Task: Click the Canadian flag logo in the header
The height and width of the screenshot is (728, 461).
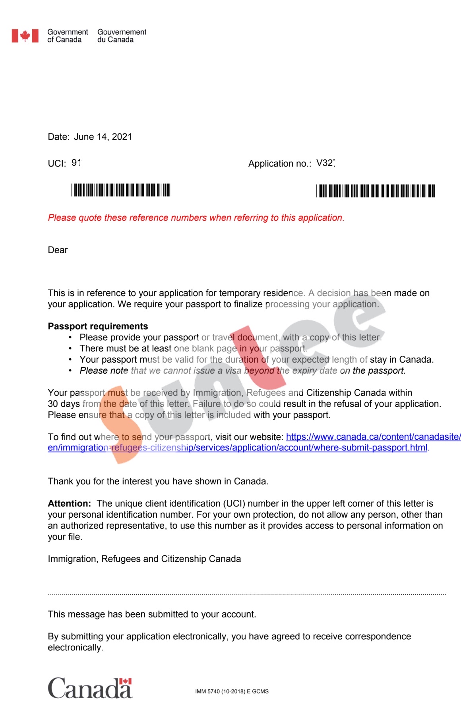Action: coord(25,36)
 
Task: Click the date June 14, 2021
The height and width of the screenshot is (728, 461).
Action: coord(103,137)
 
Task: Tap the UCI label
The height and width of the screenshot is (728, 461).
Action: coord(56,163)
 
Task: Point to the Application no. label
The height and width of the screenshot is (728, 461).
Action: coord(279,163)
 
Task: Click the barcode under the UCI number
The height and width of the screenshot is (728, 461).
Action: coord(121,190)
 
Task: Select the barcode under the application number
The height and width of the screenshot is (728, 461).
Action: coord(375,191)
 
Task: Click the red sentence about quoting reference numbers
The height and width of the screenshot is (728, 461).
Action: coord(196,218)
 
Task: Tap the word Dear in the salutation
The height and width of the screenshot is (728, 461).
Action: coord(58,250)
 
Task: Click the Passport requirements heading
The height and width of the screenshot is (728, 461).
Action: coord(98,326)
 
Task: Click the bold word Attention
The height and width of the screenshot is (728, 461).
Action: coord(69,503)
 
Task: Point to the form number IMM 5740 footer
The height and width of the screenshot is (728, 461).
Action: coord(232,691)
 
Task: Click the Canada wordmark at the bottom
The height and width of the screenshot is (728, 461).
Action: coord(90,688)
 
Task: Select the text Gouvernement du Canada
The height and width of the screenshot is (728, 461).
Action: coord(122,36)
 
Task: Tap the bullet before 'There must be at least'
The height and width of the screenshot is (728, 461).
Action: coord(70,349)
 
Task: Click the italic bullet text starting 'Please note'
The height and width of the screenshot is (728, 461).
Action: coord(242,371)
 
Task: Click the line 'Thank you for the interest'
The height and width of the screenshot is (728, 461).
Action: coord(158,481)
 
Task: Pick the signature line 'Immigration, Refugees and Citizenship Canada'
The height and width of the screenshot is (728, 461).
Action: coord(144,559)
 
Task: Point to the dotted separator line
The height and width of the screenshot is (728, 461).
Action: coord(246,594)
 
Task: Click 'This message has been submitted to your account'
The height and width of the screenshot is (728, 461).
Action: coord(152,614)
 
